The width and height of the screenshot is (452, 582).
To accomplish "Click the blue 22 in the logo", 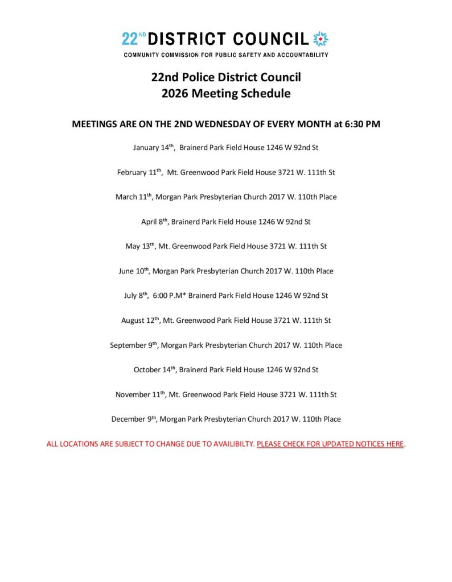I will [x=129, y=39].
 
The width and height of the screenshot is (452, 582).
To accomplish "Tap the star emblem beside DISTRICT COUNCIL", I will [x=322, y=39].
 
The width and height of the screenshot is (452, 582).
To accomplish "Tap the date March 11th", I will [x=134, y=197].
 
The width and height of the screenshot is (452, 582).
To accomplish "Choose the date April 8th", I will [x=154, y=222].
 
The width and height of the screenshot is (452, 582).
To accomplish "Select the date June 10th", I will [x=134, y=271].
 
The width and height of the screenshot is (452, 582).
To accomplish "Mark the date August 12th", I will [x=140, y=321].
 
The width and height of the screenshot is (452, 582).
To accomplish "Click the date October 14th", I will [x=154, y=370].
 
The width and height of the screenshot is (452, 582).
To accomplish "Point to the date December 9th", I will [x=134, y=419].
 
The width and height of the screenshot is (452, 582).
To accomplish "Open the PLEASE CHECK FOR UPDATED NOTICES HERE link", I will [x=330, y=444].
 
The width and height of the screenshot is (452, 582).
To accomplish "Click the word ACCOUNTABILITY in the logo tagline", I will [x=300, y=55].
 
